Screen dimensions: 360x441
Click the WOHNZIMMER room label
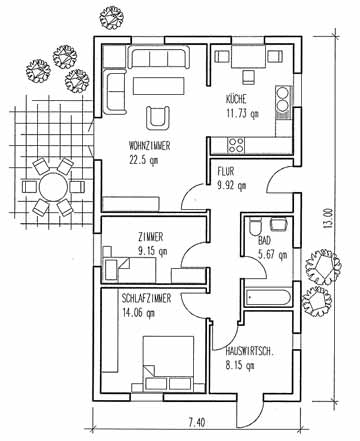point(150,146)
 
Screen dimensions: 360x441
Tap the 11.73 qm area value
point(243,114)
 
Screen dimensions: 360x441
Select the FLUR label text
point(226,171)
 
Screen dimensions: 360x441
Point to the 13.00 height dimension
point(328,218)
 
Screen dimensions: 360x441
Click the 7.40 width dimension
point(197,423)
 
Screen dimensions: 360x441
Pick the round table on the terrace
point(53,187)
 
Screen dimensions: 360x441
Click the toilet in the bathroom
point(255,228)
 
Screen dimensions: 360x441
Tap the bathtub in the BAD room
point(268,297)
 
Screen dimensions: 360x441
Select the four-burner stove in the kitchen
point(236,145)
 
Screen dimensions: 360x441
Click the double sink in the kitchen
point(283,100)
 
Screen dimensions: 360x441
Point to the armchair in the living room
point(157,117)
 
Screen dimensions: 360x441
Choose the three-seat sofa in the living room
point(158,58)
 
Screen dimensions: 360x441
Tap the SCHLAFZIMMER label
point(146,298)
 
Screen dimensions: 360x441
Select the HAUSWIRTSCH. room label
point(250,351)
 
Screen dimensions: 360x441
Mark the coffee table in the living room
point(159,86)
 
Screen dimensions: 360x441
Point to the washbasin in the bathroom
point(279,224)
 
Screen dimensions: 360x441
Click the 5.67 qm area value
point(272,255)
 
